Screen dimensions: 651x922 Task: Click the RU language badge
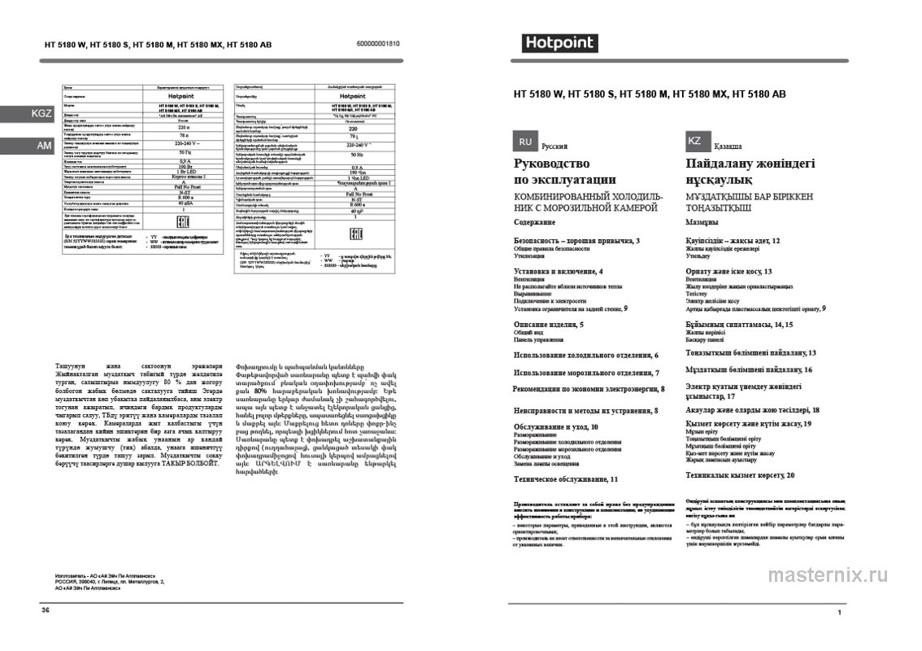(526, 141)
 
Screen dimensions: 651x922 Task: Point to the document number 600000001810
(379, 43)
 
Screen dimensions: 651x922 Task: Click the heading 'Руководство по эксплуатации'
(565, 172)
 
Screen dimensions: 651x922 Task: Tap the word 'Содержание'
(539, 222)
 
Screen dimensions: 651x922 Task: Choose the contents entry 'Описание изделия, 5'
(549, 325)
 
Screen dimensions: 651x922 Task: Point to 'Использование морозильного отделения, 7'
(586, 373)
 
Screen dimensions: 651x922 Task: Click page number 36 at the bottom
(46, 609)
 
